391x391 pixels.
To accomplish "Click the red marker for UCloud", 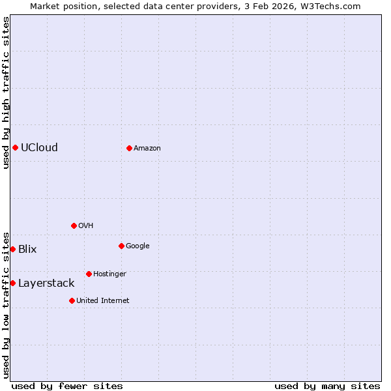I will (15, 147).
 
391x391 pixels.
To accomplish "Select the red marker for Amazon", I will (129, 148).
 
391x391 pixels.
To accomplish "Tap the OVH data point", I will (74, 225).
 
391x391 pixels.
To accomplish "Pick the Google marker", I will (121, 246).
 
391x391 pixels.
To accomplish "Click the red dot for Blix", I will (12, 249).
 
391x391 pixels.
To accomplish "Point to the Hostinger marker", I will (89, 274).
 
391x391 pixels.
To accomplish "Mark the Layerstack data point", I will (12, 283).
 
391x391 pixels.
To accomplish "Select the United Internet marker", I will (72, 300).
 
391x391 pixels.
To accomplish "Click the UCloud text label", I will (39, 147).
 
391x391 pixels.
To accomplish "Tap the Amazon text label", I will (147, 148).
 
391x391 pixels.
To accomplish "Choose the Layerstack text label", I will (46, 283).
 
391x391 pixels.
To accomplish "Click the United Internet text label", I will (103, 300).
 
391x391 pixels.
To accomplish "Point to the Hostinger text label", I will (109, 274).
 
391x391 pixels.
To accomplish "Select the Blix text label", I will (27, 249).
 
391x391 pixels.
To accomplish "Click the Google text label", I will (138, 246).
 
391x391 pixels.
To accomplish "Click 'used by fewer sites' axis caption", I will (67, 386).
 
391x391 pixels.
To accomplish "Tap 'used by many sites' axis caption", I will (327, 386).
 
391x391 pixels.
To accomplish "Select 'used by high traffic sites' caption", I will (6, 93).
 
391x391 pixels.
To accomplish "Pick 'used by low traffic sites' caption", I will (6, 305).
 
